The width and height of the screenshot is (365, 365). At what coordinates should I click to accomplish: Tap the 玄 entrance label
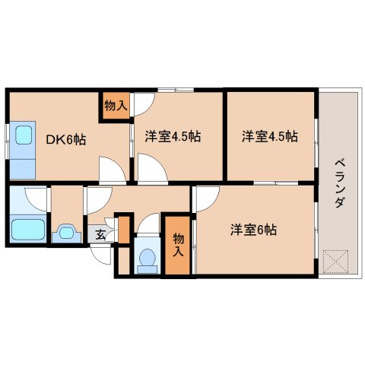pyautogui.click(x=101, y=233)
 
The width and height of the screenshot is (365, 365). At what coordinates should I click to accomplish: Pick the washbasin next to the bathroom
pyautogui.click(x=66, y=231)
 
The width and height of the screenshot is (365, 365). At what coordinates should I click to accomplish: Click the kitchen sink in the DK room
pyautogui.click(x=23, y=136)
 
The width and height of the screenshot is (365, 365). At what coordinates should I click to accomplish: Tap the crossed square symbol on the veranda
pyautogui.click(x=335, y=262)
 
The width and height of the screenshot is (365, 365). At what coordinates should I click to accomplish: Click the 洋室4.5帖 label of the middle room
pyautogui.click(x=173, y=138)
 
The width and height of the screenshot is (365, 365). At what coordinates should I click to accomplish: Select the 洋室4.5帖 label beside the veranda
pyautogui.click(x=269, y=138)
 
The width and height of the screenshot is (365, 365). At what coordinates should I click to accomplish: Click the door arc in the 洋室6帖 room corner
pyautogui.click(x=204, y=199)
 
